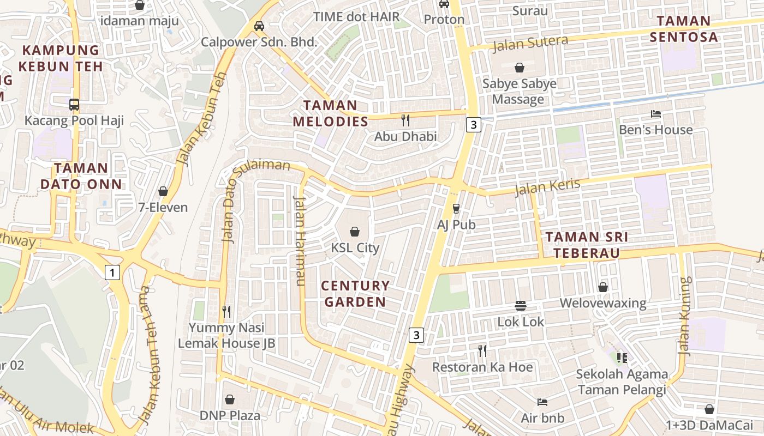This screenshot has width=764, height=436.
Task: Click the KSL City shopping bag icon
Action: [x=355, y=232]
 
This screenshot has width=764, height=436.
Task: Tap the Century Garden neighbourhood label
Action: [x=355, y=293]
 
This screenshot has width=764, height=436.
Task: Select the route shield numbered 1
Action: [x=112, y=272]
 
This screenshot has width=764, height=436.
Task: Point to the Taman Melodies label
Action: [x=331, y=113]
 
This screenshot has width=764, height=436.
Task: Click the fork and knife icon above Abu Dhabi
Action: [x=405, y=120]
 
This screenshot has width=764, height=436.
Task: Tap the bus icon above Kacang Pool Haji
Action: [x=74, y=104]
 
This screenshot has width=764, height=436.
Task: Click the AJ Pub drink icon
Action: [x=456, y=209]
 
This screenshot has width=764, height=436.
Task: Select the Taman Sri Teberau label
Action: [x=587, y=245]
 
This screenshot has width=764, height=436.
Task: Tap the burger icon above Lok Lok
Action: [x=521, y=306]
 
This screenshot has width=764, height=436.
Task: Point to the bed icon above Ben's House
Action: [x=655, y=114]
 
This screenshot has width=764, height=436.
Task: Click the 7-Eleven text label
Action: [x=163, y=207]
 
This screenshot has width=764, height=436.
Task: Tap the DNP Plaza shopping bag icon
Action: [x=230, y=399]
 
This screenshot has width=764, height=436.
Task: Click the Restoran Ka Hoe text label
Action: [x=482, y=367]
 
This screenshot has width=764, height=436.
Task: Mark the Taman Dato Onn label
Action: [x=81, y=175]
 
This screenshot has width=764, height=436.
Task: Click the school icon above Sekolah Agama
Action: [x=622, y=358]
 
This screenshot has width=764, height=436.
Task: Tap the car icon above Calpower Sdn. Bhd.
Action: [x=259, y=26]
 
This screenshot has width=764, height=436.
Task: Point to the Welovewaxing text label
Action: [x=603, y=303]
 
